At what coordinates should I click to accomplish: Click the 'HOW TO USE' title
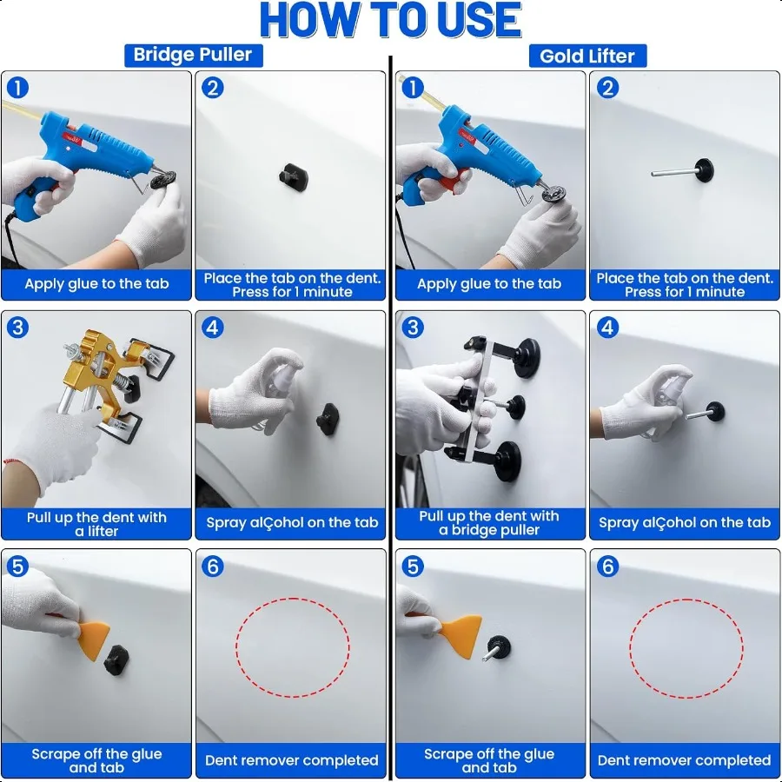[390, 20]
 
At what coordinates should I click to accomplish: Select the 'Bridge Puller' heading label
[193, 55]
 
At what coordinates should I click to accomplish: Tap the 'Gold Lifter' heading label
[587, 56]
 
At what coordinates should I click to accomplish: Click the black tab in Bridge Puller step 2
[294, 177]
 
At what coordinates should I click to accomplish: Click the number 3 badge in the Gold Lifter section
[413, 328]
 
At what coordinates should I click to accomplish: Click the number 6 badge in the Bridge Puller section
[213, 567]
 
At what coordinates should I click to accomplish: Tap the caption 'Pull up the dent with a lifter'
[96, 524]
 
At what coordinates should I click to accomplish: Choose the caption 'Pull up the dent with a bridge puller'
[489, 523]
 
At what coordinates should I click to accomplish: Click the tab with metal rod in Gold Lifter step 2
[683, 171]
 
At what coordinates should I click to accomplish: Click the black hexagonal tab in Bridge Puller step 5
[116, 660]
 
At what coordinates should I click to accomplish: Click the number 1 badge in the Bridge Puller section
[18, 88]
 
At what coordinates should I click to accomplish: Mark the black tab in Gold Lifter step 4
[715, 412]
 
